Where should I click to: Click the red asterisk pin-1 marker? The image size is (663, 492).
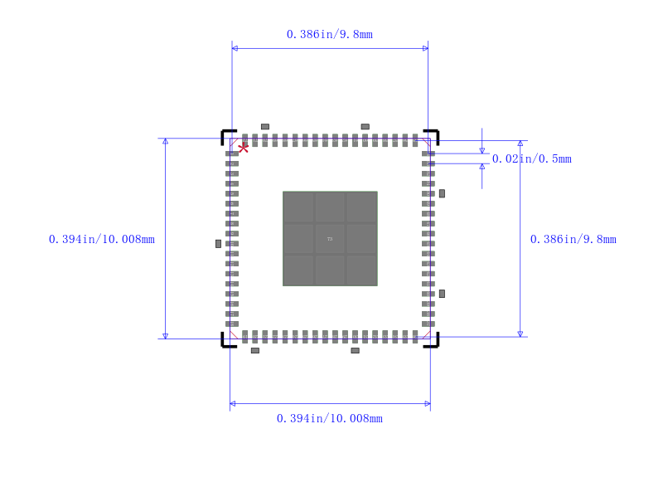243,148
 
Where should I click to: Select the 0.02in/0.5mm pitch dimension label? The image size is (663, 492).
531,159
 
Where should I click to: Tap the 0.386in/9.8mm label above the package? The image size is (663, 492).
329,34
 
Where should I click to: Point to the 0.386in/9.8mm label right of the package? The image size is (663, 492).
573,240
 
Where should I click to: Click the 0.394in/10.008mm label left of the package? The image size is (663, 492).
102,240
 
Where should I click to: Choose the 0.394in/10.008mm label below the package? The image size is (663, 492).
329,419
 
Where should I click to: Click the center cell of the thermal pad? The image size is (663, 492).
330,239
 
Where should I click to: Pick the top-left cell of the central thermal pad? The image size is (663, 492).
298,207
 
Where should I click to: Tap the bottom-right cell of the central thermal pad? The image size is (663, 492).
361,270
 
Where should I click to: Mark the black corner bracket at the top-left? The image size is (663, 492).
226,134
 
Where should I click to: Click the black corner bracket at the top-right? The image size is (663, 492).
433,134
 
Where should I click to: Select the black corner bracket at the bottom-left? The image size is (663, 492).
226,342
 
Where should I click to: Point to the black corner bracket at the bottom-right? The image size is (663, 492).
433,342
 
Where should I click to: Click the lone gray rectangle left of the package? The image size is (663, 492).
218,244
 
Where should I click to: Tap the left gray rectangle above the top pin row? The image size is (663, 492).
265,127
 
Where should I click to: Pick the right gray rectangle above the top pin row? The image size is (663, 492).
365,127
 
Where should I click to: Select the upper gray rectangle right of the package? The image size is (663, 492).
442,193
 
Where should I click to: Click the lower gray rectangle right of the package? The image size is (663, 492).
442,294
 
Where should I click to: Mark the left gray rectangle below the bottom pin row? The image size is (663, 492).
255,351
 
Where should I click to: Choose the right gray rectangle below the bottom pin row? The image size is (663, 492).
355,351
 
